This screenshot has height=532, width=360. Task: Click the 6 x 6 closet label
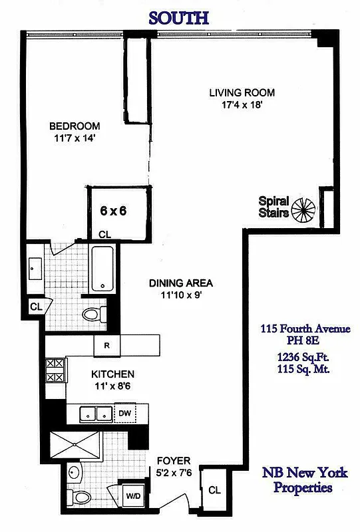[113, 210]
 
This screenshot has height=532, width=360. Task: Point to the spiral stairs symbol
[305, 209]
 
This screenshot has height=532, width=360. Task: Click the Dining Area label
[181, 283]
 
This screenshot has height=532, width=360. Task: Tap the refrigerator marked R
[106, 345]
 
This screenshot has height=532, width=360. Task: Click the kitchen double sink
[96, 413]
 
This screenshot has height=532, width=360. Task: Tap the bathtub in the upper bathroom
[103, 269]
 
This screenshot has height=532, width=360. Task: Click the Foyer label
[174, 460]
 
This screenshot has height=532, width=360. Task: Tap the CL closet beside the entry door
[214, 491]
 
